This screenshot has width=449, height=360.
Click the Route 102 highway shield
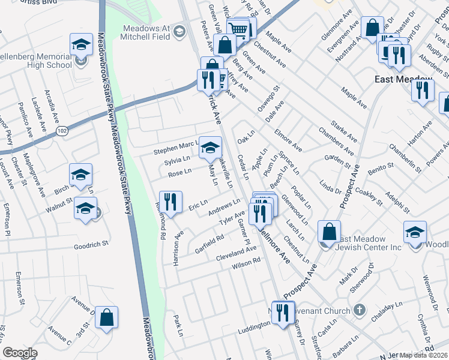[x=62, y=130]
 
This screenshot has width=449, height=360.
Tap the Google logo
[x=20, y=353]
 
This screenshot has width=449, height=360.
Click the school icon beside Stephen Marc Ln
[x=210, y=148]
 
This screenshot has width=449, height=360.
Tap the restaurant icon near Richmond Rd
[x=170, y=202]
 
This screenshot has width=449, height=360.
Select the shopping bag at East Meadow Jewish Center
[x=330, y=232]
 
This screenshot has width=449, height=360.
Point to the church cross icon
[x=359, y=310]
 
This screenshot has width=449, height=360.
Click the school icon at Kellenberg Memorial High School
[x=81, y=45]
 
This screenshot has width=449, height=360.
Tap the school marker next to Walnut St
[x=85, y=209]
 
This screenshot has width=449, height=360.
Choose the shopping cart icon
[x=238, y=29]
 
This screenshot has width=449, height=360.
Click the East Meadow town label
[x=403, y=79]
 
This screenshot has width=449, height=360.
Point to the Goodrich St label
[x=91, y=245]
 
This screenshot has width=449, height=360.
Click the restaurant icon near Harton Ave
[x=423, y=90]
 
